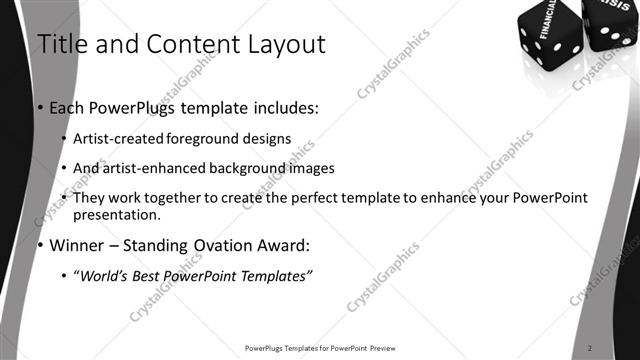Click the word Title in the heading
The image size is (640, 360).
pos(59,44)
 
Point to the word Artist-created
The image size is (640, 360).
pos(111,138)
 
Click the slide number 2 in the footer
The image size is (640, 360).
pos(591,348)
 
